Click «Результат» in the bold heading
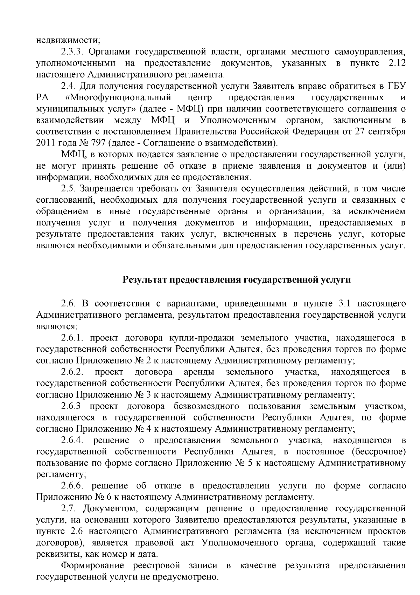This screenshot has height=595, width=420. (x=144, y=280)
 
